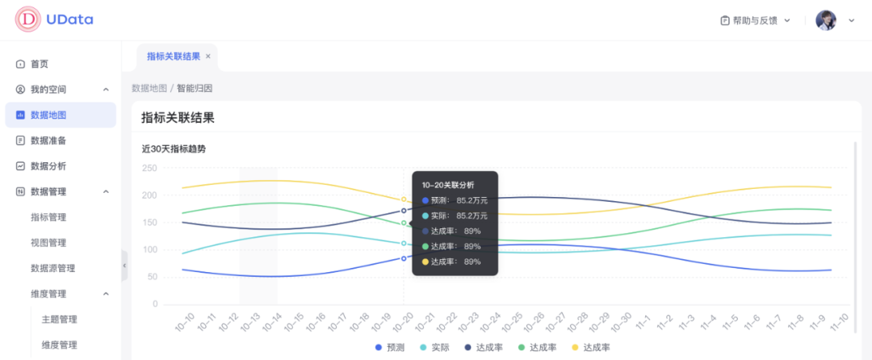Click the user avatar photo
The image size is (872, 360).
826,20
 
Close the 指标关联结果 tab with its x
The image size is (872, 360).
208,57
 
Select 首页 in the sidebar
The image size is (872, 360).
39,64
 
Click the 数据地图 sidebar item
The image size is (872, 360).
48,115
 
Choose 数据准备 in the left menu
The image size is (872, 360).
48,140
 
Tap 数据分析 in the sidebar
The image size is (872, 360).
48,166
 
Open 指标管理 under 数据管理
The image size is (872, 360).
48,217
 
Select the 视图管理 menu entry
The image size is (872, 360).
48,243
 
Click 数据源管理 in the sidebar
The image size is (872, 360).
52,268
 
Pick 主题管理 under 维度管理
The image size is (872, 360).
59,320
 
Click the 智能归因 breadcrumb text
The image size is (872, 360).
195,88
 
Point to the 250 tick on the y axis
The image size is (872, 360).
149,168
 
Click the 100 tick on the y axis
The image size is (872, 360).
149,249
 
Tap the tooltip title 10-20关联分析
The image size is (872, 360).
448,186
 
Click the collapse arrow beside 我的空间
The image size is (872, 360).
106,90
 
